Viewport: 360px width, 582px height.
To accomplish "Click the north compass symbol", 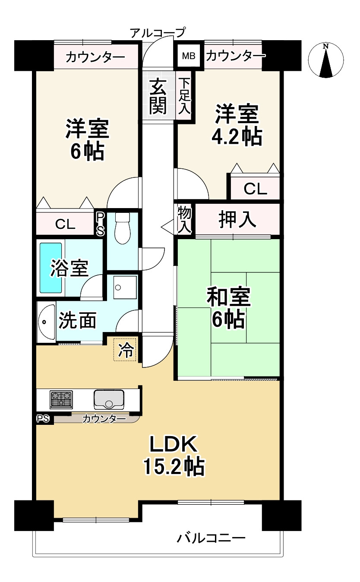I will coord(326,60).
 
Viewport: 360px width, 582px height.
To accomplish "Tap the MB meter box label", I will coord(188,56).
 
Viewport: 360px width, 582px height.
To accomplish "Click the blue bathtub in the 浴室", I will coord(51,268).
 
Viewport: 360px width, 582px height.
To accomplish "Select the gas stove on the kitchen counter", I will coord(61,399).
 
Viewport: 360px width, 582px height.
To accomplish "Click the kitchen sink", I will coord(109,399).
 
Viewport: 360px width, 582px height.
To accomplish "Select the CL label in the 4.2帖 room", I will coord(255,189).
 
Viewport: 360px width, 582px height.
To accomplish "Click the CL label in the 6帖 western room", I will coord(65,224).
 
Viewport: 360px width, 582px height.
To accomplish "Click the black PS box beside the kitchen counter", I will coord(43,418).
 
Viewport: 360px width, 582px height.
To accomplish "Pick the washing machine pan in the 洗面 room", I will coord(125,287).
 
